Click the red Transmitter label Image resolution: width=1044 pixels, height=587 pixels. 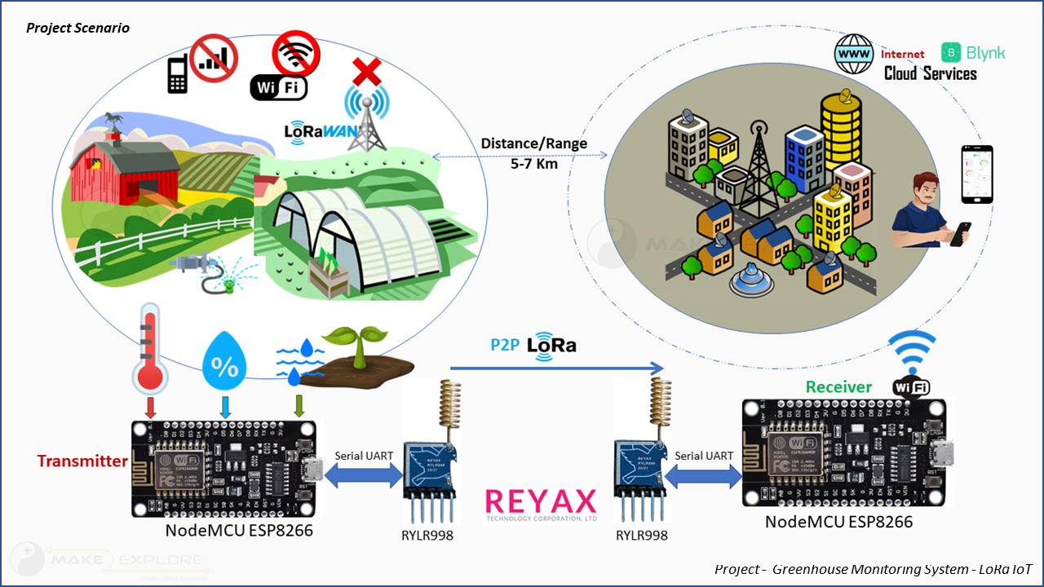point(82,461)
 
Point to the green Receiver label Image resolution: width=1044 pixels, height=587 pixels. point(838,387)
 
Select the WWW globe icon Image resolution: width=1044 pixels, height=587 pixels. point(854,54)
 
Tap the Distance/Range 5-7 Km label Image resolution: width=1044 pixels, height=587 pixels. point(533,152)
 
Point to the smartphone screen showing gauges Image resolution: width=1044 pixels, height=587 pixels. point(976,174)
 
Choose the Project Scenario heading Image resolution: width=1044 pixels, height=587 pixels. point(77,28)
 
